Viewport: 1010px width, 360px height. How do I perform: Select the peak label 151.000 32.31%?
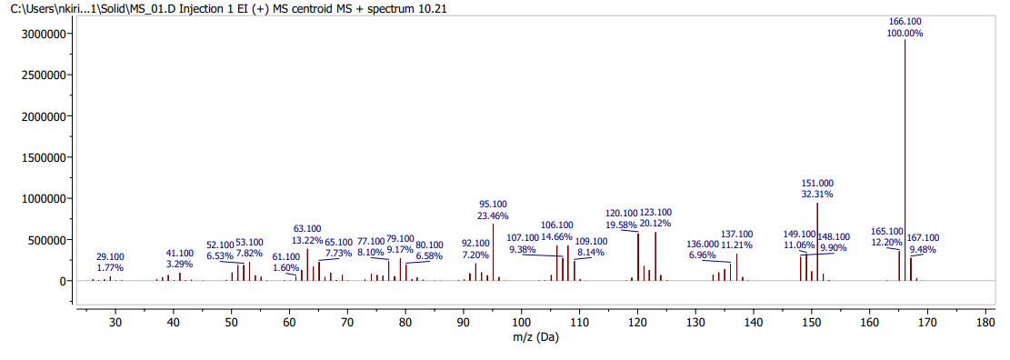click(817, 188)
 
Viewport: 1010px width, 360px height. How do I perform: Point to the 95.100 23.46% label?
click(493, 210)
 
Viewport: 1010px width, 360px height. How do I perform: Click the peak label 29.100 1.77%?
click(111, 262)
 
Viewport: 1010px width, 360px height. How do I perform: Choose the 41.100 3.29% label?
click(180, 258)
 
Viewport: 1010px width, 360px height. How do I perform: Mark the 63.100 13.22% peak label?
click(307, 234)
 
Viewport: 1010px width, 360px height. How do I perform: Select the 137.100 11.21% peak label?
click(736, 239)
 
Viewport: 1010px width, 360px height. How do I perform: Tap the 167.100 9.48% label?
click(924, 243)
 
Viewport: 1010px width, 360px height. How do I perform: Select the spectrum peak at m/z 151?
click(818, 242)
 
